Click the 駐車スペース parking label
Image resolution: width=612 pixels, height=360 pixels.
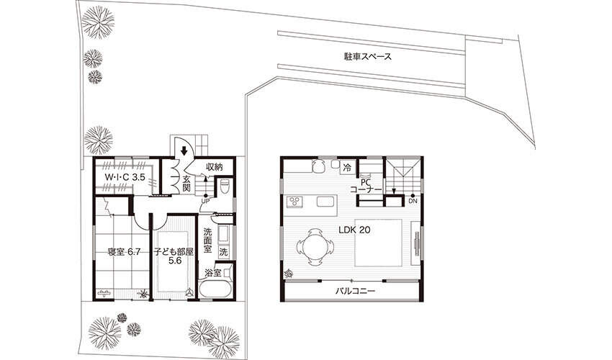pyautogui.click(x=367, y=57)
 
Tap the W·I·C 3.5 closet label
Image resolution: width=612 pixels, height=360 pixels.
pyautogui.click(x=125, y=177)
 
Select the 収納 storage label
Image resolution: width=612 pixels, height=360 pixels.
pyautogui.click(x=215, y=167)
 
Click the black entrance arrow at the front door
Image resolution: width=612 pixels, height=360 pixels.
pyautogui.click(x=183, y=150)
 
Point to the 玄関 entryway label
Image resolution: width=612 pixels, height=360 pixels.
pyautogui.click(x=186, y=184)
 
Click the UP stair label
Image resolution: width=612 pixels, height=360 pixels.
pyautogui.click(x=205, y=201)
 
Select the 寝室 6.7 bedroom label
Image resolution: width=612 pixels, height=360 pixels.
pyautogui.click(x=124, y=252)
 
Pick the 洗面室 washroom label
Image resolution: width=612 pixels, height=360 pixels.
pyautogui.click(x=207, y=239)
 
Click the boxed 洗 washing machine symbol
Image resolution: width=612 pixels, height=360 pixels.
pyautogui.click(x=223, y=252)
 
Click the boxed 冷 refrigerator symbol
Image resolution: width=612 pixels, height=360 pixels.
pyautogui.click(x=346, y=168)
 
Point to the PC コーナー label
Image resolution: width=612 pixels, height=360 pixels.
pyautogui.click(x=366, y=186)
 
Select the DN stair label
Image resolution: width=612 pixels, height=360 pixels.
pyautogui.click(x=413, y=201)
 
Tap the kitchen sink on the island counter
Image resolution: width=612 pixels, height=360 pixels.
pyautogui.click(x=325, y=202)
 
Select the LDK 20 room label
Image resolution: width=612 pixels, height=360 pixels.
pyautogui.click(x=354, y=230)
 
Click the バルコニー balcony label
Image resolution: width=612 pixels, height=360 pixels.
pyautogui.click(x=355, y=292)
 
